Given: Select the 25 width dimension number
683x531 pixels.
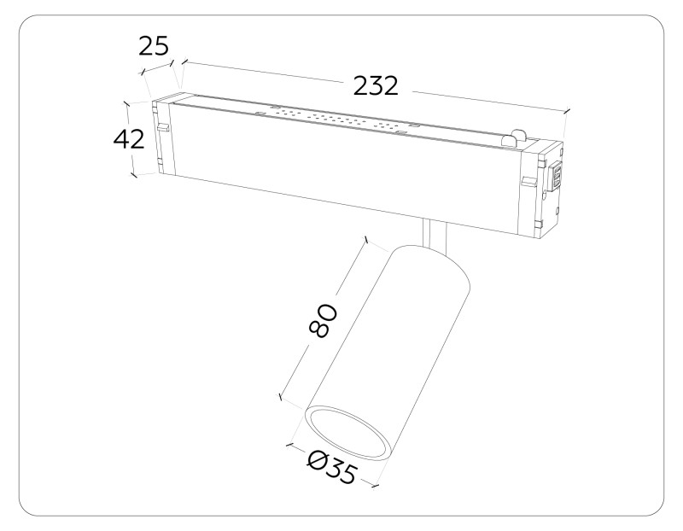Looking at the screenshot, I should click(x=155, y=45).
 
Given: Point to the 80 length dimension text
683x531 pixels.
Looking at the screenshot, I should click(x=324, y=320).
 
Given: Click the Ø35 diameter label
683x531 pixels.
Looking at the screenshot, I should click(x=331, y=468).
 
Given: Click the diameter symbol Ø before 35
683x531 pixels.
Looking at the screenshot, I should click(x=316, y=461).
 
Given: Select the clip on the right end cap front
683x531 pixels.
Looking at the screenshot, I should click(x=528, y=182).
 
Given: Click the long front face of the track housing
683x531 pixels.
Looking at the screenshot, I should click(x=341, y=171).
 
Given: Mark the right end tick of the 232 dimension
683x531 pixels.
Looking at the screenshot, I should click(x=566, y=110).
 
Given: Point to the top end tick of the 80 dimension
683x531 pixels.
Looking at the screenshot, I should click(x=366, y=242).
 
